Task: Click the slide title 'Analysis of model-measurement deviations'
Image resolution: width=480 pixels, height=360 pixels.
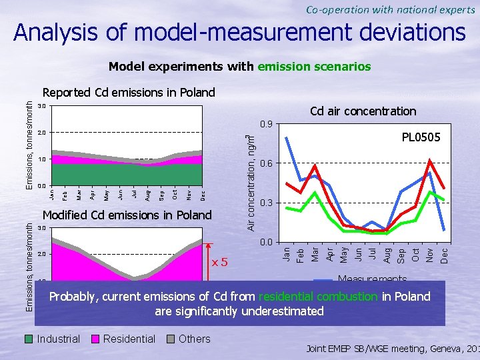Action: [x=240, y=33]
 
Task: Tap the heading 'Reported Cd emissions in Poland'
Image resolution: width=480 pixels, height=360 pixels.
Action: [x=129, y=93]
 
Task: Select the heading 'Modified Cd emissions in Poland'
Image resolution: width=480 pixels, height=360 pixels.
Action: [x=127, y=215]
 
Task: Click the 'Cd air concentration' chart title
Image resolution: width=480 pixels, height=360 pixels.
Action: [x=363, y=111]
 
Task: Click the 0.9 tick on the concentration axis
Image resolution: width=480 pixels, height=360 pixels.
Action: [x=265, y=124]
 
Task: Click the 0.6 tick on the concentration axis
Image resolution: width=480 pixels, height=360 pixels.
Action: [x=265, y=163]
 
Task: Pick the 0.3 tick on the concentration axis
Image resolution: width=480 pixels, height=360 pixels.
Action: [x=265, y=203]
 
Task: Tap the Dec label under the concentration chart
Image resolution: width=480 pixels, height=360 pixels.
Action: [x=445, y=254]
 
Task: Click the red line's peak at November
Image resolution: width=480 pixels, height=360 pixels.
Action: [x=430, y=160]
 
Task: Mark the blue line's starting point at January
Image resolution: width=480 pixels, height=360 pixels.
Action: [x=287, y=137]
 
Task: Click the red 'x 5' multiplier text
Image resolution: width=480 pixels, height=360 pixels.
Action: [x=220, y=261]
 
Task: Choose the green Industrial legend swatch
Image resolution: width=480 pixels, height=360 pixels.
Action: [x=29, y=339]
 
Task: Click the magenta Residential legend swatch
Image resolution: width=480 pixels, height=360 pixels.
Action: [x=97, y=339]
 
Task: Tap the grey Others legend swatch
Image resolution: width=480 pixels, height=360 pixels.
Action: [x=172, y=339]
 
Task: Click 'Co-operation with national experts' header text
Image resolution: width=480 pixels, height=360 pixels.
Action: [x=391, y=9]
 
